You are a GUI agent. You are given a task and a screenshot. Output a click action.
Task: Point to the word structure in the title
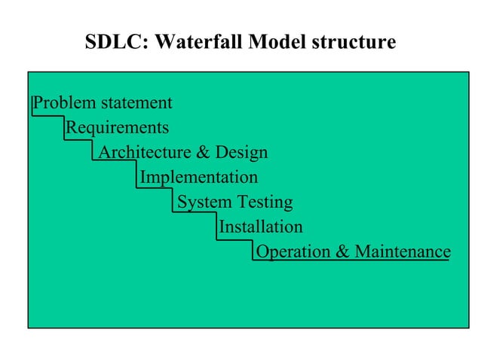(x=353, y=42)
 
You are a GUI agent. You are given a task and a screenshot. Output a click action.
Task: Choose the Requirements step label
(x=117, y=127)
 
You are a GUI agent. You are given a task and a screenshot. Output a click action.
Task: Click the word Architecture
(x=145, y=153)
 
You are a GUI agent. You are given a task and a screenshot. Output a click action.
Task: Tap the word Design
(x=241, y=153)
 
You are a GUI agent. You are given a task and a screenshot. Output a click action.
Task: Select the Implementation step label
(x=199, y=178)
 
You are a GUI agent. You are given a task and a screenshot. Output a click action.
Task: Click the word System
(x=204, y=202)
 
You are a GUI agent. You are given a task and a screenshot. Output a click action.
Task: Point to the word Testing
(x=265, y=202)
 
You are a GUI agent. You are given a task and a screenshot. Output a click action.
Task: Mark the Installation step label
(x=261, y=227)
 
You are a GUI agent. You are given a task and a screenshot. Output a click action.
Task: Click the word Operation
(x=294, y=252)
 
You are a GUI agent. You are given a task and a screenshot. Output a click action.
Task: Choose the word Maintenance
(x=402, y=252)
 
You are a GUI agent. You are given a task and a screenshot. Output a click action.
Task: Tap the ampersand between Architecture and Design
(x=203, y=153)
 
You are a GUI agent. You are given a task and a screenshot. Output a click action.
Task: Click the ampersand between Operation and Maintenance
(x=342, y=252)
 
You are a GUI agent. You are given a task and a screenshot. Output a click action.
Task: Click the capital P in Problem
(x=39, y=102)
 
